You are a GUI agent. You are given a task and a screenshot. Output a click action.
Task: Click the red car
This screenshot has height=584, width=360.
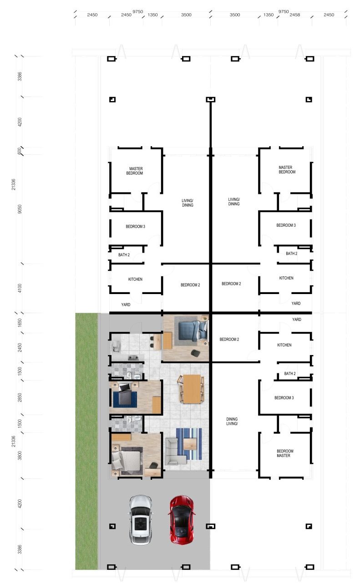(182, 519)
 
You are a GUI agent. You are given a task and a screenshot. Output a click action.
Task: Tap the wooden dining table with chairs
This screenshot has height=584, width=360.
(191, 389)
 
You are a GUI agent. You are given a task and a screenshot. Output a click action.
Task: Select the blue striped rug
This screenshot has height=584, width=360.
(189, 444)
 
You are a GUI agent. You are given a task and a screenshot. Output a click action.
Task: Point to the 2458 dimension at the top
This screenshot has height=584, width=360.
(294, 15)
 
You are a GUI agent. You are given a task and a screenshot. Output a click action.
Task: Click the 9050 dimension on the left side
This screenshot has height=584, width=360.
(20, 209)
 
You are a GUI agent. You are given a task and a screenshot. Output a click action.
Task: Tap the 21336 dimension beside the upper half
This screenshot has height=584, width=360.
(14, 184)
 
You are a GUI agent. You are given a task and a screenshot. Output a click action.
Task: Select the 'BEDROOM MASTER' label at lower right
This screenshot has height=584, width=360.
(284, 453)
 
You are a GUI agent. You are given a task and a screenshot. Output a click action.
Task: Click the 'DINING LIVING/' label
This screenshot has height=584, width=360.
(232, 421)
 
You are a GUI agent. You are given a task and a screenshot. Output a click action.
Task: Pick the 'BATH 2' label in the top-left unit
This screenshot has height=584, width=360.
(124, 255)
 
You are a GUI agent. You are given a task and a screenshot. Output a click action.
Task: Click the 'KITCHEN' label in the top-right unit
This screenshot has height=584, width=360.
(286, 278)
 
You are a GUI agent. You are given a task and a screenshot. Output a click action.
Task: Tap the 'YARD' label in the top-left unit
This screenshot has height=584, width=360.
(126, 305)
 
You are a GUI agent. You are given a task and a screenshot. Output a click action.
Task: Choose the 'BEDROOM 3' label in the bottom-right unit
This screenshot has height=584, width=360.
(284, 397)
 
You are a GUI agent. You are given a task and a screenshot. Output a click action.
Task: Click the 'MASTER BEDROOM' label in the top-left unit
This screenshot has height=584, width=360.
(135, 171)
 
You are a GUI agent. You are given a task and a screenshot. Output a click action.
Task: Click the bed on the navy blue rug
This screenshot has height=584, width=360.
(125, 395)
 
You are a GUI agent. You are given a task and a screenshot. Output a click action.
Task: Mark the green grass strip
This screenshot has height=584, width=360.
(86, 441)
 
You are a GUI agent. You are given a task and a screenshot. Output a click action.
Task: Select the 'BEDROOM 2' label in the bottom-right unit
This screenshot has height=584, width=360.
(229, 339)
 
